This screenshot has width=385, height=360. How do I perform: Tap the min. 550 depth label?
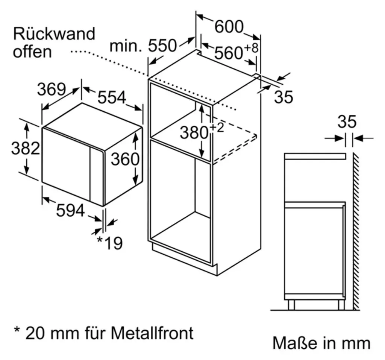click(x=143, y=46)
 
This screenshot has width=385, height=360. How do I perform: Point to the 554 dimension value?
click(x=112, y=97)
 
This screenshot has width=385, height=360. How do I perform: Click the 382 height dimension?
click(x=26, y=148)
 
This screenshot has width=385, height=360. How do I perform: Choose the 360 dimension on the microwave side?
click(x=125, y=159)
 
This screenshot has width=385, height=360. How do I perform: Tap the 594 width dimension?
click(x=70, y=210)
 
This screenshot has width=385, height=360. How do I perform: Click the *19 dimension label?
click(x=109, y=243)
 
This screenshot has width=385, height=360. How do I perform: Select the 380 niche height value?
click(x=194, y=132)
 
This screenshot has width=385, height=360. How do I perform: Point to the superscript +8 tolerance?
click(x=252, y=48)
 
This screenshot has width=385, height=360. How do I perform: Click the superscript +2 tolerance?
click(x=217, y=128)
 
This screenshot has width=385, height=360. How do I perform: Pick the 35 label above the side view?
click(x=347, y=122)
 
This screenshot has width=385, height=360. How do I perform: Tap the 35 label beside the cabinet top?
click(x=283, y=97)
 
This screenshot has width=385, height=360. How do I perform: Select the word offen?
click(x=32, y=52)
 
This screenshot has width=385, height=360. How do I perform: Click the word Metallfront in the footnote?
click(x=152, y=333)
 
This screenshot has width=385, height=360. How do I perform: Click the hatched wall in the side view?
click(x=356, y=231)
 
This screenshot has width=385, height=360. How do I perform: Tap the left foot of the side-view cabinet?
click(x=291, y=305)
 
